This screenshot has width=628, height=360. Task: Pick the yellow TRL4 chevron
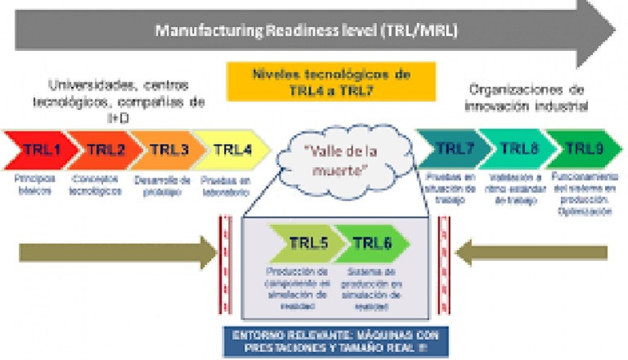[231, 150]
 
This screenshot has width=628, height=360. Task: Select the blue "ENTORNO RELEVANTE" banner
[330, 340]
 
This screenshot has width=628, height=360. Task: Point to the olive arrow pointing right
[114, 252]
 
